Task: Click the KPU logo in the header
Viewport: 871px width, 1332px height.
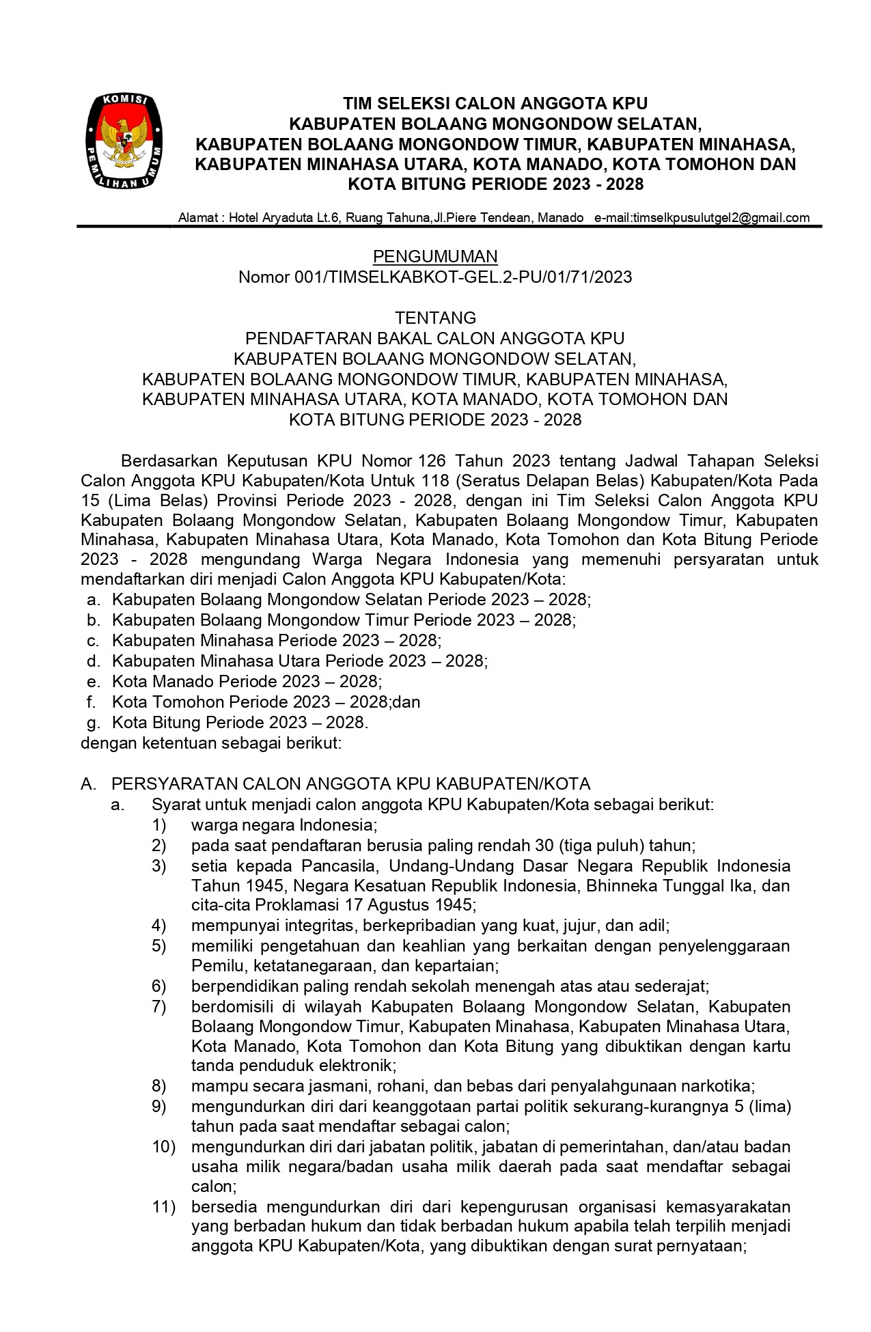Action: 124,141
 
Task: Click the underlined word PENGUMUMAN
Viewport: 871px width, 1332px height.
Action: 435,256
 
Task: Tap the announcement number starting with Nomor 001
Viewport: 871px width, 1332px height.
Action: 435,277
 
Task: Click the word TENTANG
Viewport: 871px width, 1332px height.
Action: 435,318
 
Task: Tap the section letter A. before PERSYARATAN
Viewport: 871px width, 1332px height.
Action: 87,783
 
